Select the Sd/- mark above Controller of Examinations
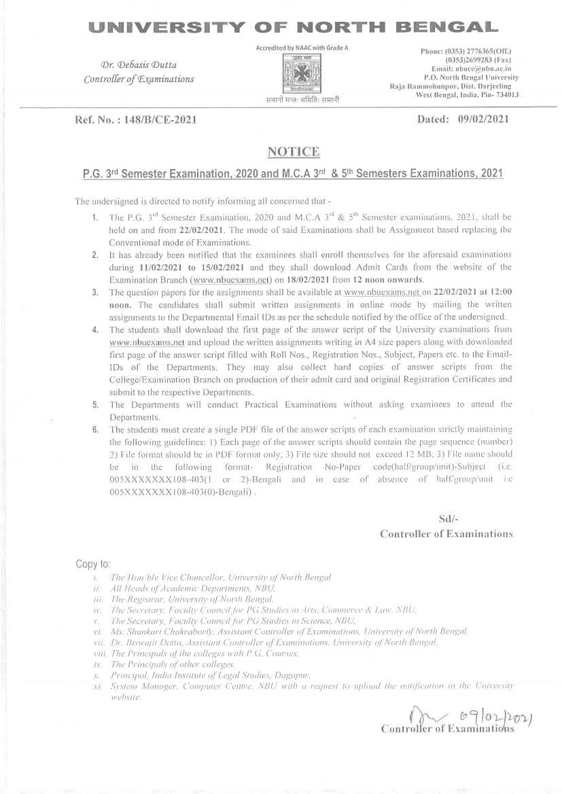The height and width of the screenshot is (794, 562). (449, 520)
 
